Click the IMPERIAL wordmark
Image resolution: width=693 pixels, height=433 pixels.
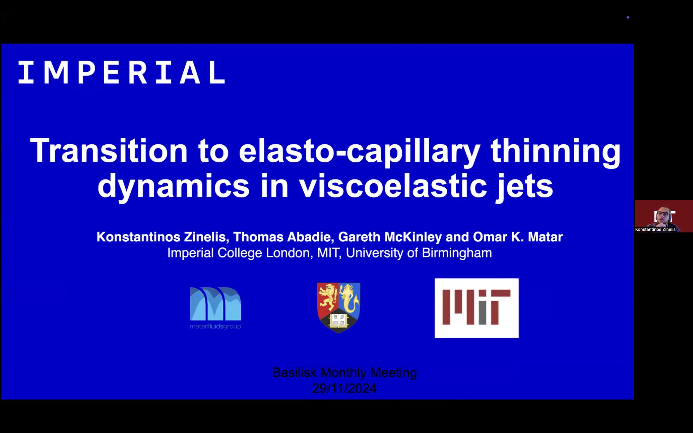click(122, 73)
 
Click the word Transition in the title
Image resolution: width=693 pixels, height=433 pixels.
click(109, 150)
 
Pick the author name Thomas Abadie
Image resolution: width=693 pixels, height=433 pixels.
click(282, 237)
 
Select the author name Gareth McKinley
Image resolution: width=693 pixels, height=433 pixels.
click(390, 237)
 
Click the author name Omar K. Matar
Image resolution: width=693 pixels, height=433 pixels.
click(518, 237)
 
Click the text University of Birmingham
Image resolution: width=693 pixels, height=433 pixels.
click(419, 253)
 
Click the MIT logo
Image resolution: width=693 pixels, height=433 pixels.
click(476, 308)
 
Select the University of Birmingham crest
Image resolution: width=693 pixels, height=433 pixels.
click(339, 307)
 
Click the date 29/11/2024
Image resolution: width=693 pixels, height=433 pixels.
click(344, 388)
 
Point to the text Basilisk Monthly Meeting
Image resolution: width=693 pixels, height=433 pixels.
click(344, 372)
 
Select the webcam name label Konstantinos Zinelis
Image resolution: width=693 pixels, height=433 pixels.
click(655, 229)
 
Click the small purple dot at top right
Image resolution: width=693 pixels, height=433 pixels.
click(628, 17)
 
